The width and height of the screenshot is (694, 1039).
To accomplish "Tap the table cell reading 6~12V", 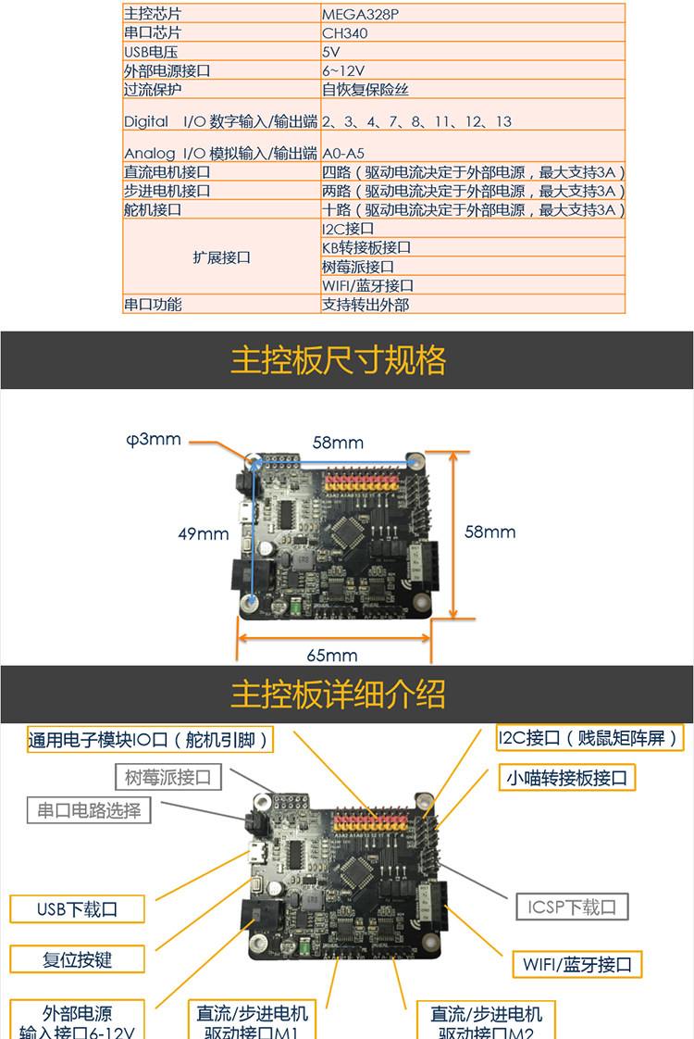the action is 343,71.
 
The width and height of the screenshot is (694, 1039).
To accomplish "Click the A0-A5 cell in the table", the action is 343,153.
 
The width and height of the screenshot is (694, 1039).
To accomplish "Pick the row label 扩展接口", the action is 221,257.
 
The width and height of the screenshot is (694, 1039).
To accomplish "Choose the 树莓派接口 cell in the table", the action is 358,267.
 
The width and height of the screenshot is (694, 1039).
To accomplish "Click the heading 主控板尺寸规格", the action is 338,360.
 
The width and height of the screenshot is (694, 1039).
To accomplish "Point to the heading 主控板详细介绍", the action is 338,695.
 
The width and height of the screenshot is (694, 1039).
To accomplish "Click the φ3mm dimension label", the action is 155,439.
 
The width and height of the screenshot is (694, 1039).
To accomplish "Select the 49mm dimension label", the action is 203,533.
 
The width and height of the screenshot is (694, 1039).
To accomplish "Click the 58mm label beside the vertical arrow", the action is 490,532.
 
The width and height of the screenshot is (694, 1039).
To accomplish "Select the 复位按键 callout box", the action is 78,959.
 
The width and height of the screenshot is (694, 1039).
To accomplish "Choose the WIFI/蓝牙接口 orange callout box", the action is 576,964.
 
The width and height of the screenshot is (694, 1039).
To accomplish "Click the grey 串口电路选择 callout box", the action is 89,810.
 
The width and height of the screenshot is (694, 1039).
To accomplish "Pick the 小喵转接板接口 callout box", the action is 565,777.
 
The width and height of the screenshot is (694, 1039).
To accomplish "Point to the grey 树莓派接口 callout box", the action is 168,777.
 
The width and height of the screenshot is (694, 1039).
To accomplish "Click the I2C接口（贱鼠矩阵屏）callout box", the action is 590,738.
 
